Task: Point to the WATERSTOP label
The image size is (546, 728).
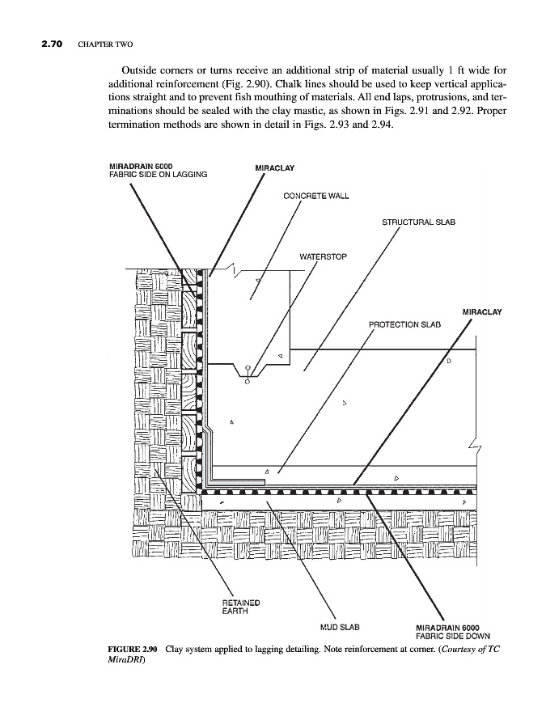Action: pyautogui.click(x=323, y=257)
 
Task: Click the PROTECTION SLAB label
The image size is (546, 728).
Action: pyautogui.click(x=404, y=324)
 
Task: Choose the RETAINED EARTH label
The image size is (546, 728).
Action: pyautogui.click(x=240, y=606)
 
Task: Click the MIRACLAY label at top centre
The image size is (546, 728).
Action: pyautogui.click(x=275, y=168)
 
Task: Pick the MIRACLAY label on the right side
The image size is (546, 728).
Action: pyautogui.click(x=482, y=311)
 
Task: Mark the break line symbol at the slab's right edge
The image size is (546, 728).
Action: pyautogui.click(x=475, y=449)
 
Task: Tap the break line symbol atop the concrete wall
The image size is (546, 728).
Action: pyautogui.click(x=232, y=270)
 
